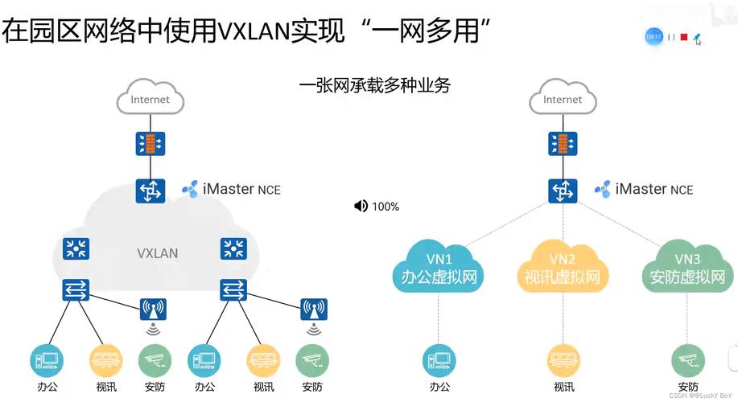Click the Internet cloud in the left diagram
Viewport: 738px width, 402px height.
pos(150,99)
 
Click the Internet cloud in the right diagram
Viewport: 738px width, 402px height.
pos(562,99)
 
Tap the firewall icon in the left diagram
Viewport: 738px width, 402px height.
pos(150,144)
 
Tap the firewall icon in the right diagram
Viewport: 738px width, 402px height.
pos(562,144)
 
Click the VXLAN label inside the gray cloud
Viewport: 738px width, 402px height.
pos(158,252)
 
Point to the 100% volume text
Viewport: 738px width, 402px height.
pos(385,207)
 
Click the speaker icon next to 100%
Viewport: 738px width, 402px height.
pos(361,207)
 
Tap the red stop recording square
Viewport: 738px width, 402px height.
pos(683,37)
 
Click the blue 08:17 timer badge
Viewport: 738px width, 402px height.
pos(653,37)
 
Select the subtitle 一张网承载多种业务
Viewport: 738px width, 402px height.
pos(374,84)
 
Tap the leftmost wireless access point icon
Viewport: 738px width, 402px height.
pos(152,310)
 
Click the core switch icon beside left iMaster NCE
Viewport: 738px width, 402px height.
pos(150,191)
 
